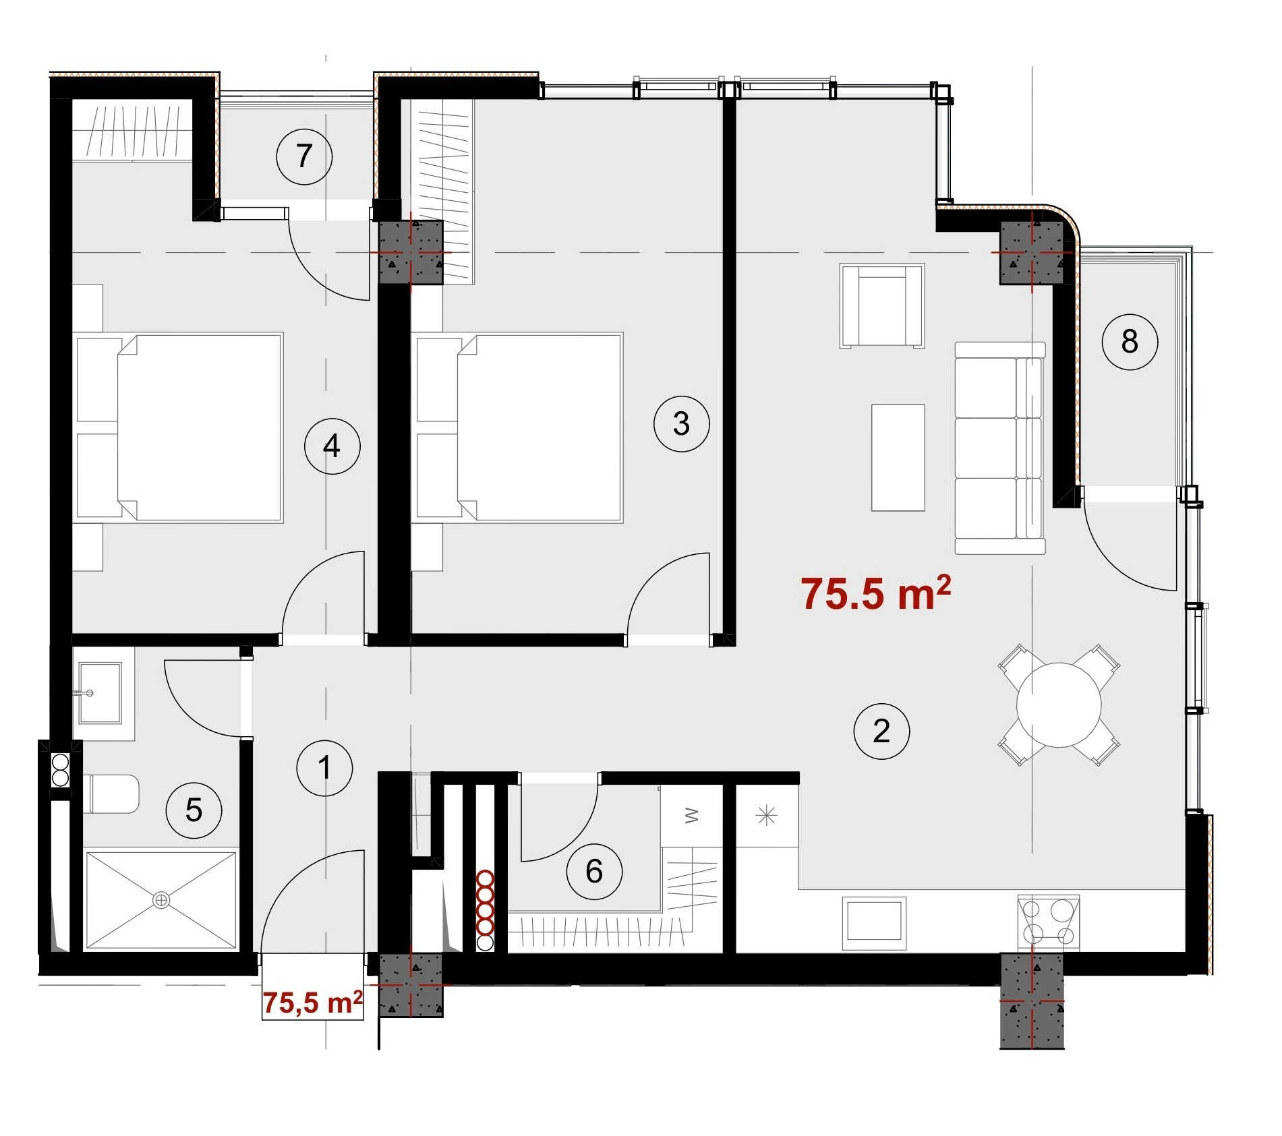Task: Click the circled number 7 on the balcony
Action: [304, 156]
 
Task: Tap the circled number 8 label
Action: [1130, 341]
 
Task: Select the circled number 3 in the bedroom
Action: [681, 423]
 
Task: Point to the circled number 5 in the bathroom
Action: [194, 810]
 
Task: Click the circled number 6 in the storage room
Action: [594, 871]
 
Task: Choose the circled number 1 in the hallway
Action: [324, 768]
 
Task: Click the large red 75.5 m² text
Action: [876, 593]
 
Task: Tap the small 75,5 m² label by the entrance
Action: [313, 1003]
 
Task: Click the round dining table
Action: [1059, 705]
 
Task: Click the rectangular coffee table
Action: [898, 458]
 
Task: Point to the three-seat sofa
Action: [999, 448]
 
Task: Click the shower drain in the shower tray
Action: [161, 900]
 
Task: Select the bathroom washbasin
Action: [100, 692]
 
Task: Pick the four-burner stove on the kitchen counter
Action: [1048, 922]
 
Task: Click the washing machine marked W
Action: [691, 816]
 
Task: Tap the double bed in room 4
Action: [178, 427]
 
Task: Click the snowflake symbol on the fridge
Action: [767, 816]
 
